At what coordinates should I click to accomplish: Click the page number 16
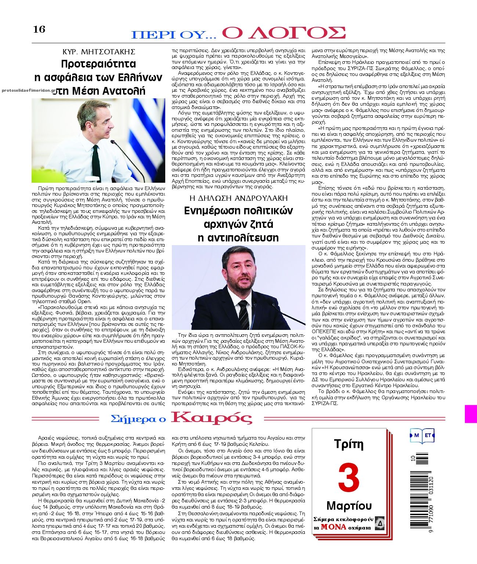[39, 29]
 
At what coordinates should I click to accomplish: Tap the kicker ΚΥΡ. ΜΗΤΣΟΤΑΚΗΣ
[99, 51]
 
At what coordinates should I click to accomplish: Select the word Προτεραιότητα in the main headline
[98, 64]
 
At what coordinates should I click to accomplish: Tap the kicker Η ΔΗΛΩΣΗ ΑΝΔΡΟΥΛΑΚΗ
[238, 198]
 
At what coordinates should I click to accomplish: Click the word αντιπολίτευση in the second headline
[238, 237]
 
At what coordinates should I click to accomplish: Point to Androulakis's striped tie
[243, 314]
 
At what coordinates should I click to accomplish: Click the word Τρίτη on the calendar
[348, 444]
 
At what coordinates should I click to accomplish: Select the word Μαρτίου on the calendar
[348, 506]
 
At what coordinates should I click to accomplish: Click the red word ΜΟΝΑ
[333, 527]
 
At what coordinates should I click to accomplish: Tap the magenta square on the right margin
[471, 414]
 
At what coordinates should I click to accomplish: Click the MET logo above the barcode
[422, 436]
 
